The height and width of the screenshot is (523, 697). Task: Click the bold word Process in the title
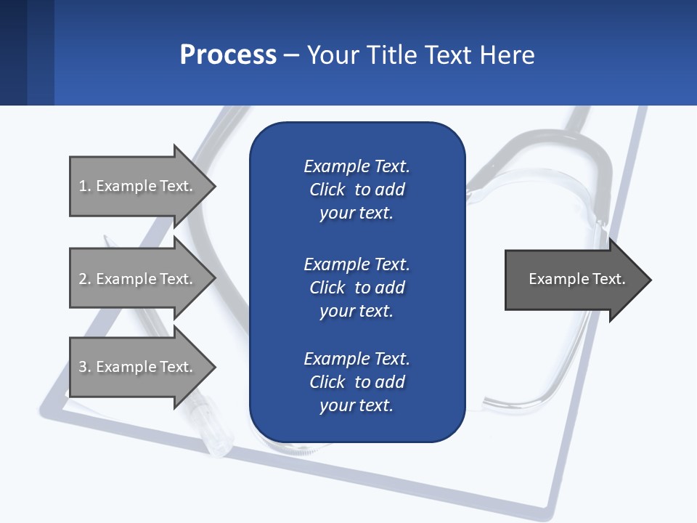pyautogui.click(x=228, y=55)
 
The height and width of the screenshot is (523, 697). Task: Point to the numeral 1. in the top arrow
pyautogui.click(x=85, y=186)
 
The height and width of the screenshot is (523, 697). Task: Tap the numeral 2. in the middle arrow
pyautogui.click(x=85, y=279)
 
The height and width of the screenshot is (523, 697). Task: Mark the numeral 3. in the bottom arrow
pyautogui.click(x=85, y=367)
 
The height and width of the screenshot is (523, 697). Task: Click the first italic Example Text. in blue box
pyautogui.click(x=356, y=166)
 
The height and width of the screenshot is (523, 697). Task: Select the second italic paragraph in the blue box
pyautogui.click(x=356, y=287)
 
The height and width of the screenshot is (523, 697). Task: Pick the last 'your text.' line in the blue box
pyautogui.click(x=356, y=405)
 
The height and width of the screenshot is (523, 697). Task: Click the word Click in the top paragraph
pyautogui.click(x=327, y=190)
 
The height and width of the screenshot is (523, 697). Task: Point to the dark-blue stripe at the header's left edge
pyautogui.click(x=13, y=52)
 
